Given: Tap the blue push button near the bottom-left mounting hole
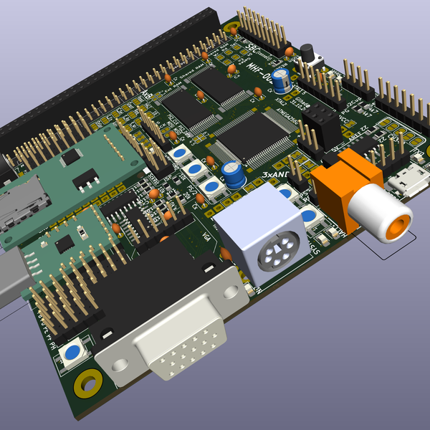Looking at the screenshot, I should click(x=72, y=352).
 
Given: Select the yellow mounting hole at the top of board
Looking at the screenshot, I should click(x=232, y=28).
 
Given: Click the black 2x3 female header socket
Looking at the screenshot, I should click(x=318, y=123).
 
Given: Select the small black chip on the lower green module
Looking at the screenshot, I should click(x=64, y=244).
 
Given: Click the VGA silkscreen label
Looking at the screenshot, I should click(x=206, y=236).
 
